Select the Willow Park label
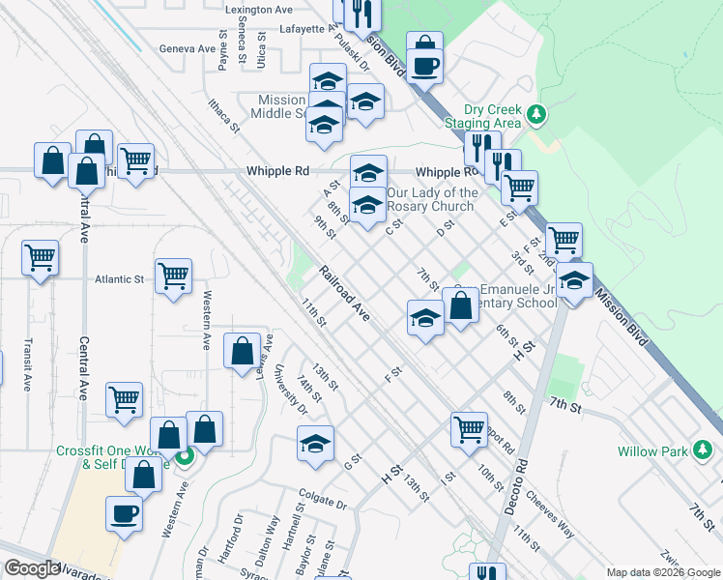(x=652, y=451)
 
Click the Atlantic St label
(x=119, y=279)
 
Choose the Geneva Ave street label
(x=188, y=48)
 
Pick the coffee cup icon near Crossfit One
(x=124, y=513)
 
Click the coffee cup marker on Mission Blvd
(x=424, y=66)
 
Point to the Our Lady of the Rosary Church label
(x=432, y=200)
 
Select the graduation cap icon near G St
(x=315, y=444)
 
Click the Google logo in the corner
(x=31, y=568)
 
